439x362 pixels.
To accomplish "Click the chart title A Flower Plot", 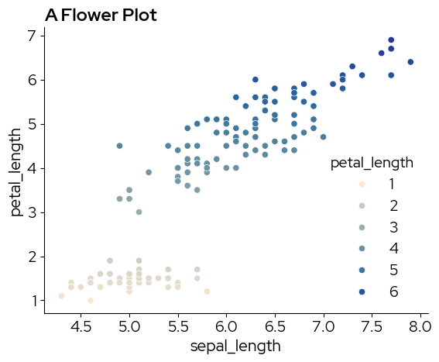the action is click(x=101, y=15).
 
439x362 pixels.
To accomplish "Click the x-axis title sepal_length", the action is click(x=235, y=346).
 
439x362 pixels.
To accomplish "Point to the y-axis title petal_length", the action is click(x=15, y=172).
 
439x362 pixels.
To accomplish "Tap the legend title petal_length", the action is click(x=372, y=163).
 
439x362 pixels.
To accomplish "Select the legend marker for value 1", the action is click(x=362, y=184).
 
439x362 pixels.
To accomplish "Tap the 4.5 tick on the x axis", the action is click(x=81, y=326).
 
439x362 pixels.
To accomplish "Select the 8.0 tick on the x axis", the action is click(x=420, y=326).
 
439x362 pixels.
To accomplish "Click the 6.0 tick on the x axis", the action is click(x=226, y=326).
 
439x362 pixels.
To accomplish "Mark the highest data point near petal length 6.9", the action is click(x=391, y=40).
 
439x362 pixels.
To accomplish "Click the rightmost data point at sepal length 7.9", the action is click(x=410, y=62).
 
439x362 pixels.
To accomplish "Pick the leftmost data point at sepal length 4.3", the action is click(x=62, y=296).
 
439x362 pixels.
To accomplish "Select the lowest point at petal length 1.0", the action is click(x=91, y=300).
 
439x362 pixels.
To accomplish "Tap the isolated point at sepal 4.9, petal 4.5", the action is click(x=119, y=146).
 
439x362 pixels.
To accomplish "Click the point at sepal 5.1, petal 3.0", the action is click(x=139, y=212).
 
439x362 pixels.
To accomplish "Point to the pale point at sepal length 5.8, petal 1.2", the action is click(x=207, y=291).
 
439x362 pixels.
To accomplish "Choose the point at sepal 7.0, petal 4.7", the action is click(x=323, y=137).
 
